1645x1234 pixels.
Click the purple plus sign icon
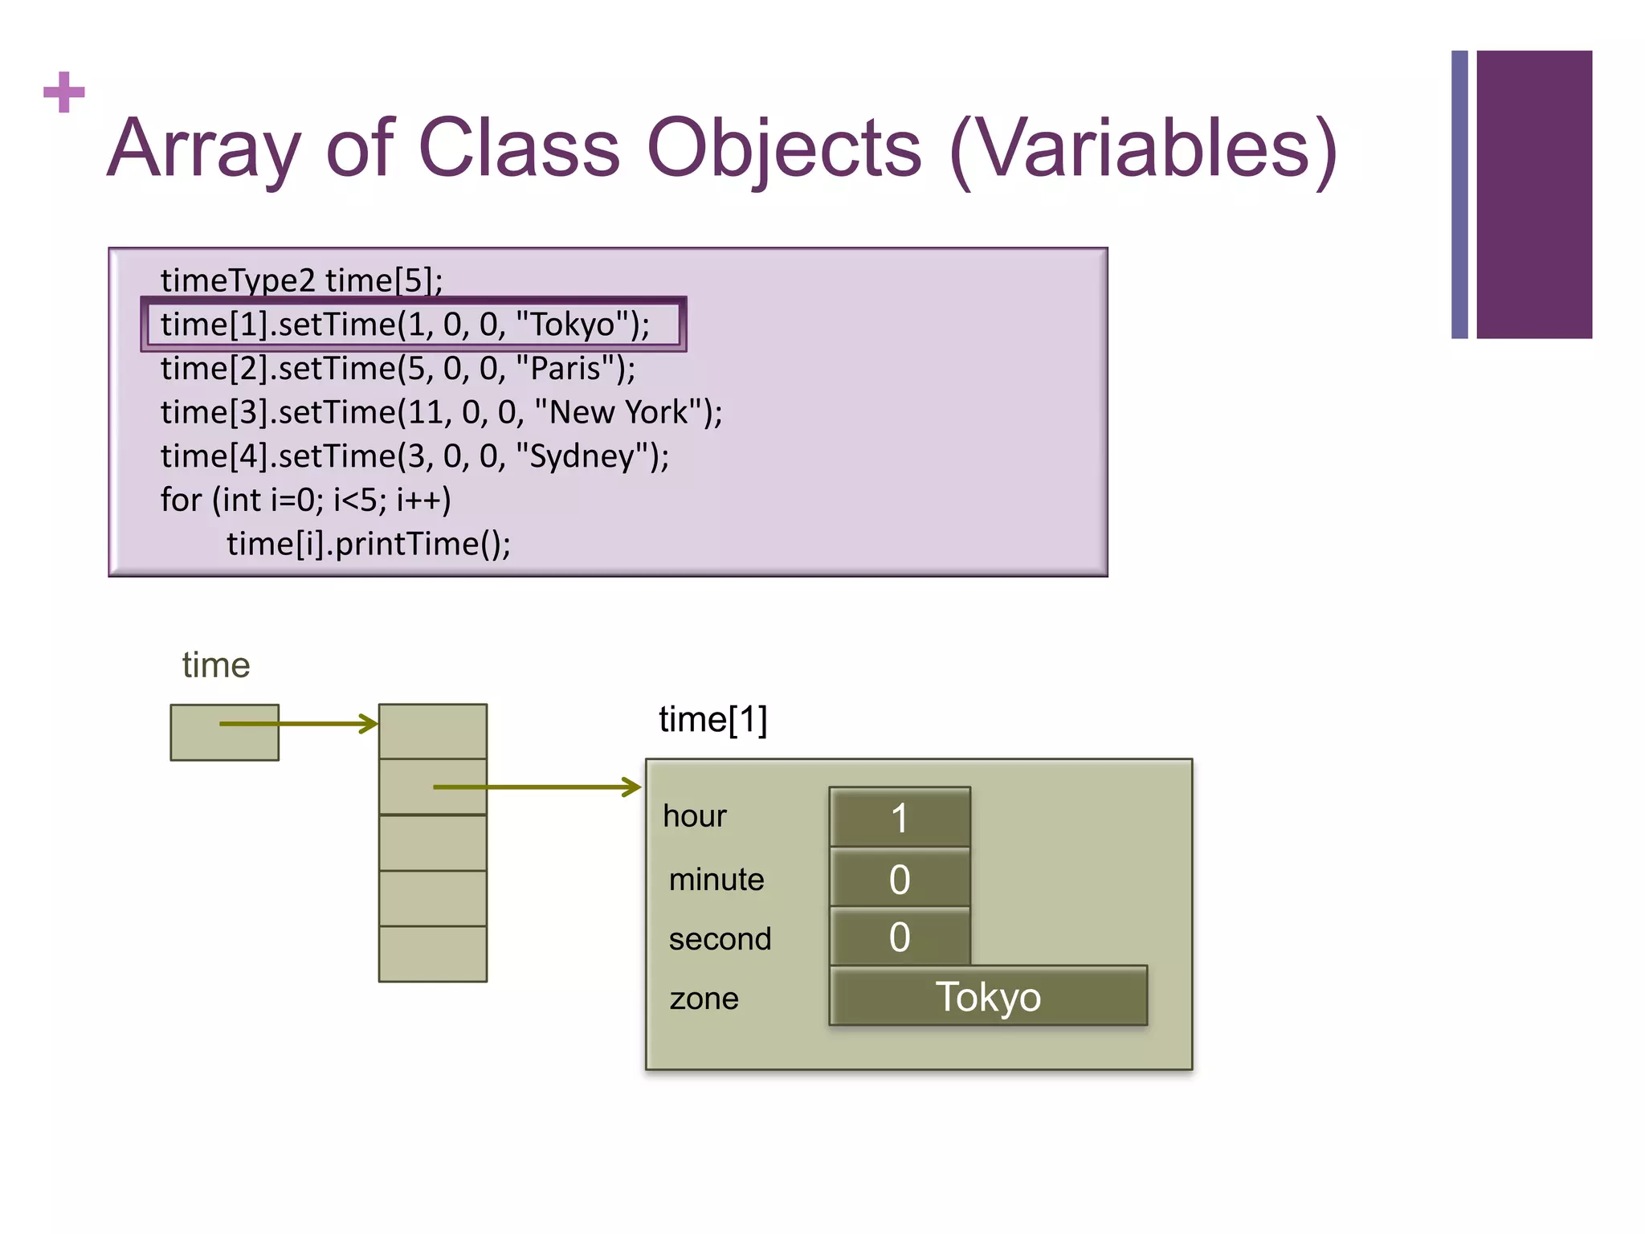pos(64,92)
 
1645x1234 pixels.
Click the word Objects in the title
pos(784,149)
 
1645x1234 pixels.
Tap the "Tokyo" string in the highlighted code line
pos(573,325)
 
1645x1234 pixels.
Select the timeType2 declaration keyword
pos(238,280)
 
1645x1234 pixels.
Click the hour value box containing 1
pos(900,817)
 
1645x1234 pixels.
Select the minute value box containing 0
pos(900,878)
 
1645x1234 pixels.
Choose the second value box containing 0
pos(900,937)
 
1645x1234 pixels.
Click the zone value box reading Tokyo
pos(988,996)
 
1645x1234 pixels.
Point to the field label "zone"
pos(704,999)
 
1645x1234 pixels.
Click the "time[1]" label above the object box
pos(712,719)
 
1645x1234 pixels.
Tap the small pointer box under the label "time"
pos(224,732)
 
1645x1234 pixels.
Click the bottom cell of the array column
pos(433,954)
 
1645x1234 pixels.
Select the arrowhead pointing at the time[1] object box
pos(633,787)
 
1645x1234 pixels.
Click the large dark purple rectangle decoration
pos(1533,194)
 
